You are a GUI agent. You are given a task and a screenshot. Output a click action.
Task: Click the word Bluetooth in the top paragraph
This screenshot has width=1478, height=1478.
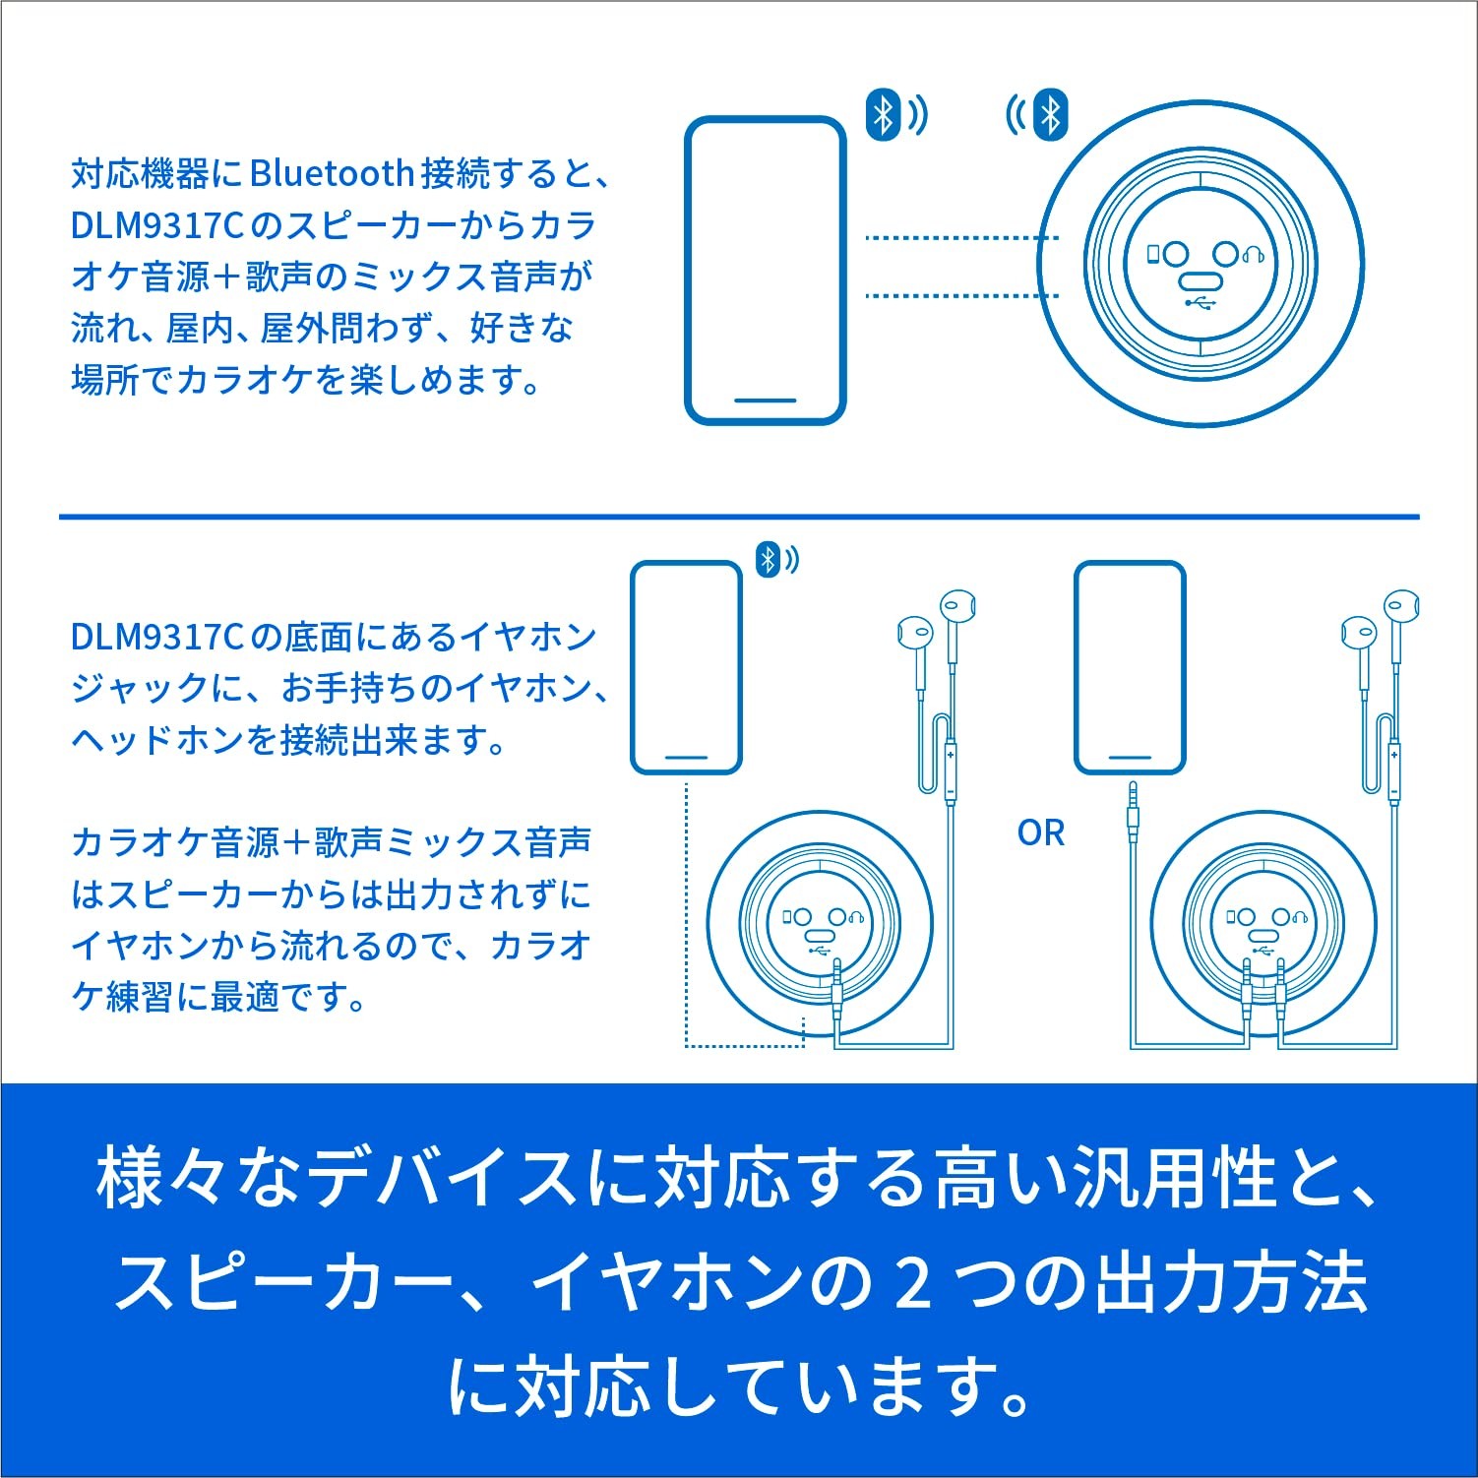click(332, 173)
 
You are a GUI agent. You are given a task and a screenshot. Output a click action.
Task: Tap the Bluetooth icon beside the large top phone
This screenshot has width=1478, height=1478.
click(884, 114)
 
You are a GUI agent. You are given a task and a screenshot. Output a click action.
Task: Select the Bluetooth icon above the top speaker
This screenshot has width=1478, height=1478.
click(1051, 115)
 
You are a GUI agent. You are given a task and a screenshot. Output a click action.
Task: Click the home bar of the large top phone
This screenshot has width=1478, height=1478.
click(766, 400)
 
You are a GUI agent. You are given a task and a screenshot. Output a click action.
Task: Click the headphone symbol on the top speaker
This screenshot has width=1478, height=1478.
click(1253, 255)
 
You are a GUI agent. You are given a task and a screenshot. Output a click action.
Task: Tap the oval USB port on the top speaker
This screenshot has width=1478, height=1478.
click(1201, 279)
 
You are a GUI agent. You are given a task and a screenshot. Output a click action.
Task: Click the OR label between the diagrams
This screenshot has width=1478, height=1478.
click(1041, 832)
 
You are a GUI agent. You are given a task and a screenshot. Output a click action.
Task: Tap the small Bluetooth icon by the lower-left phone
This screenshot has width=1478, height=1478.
click(768, 560)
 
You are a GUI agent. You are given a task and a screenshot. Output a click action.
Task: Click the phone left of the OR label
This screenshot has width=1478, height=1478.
click(686, 667)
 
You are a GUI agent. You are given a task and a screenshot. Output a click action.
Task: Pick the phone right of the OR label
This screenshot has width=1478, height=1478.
click(1130, 667)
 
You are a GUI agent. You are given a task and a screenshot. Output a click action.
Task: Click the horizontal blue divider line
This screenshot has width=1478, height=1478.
click(739, 516)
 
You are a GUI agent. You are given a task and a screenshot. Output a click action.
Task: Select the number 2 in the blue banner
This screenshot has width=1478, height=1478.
click(914, 1283)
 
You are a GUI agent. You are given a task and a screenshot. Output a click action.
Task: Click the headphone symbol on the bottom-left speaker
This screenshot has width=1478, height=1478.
click(856, 917)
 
